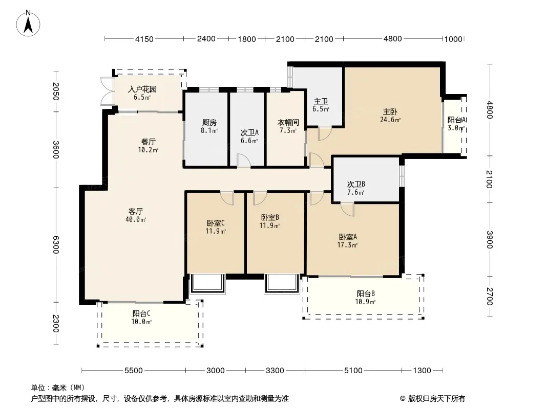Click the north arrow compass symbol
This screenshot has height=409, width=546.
pyautogui.click(x=28, y=23)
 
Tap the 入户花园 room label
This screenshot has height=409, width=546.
pyautogui.click(x=142, y=89)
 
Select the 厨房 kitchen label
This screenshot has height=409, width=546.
pyautogui.click(x=209, y=122)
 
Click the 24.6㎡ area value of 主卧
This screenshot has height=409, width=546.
pyautogui.click(x=390, y=120)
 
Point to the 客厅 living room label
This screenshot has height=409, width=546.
pyautogui.click(x=135, y=211)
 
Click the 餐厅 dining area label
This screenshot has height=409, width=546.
pyautogui.click(x=149, y=142)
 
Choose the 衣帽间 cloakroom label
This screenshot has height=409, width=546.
pyautogui.click(x=288, y=122)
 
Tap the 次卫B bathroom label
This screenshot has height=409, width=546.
pyautogui.click(x=356, y=184)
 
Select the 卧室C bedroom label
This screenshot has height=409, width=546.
pyautogui.click(x=216, y=223)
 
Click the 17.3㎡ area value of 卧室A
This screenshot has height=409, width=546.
pyautogui.click(x=347, y=245)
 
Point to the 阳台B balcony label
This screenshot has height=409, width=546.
pyautogui.click(x=366, y=293)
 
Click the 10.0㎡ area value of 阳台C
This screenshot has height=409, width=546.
pyautogui.click(x=141, y=322)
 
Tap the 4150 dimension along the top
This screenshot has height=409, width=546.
pyautogui.click(x=144, y=39)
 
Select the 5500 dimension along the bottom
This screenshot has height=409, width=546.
pyautogui.click(x=134, y=371)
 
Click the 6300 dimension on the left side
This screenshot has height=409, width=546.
pyautogui.click(x=56, y=245)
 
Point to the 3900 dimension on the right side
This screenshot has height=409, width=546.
pyautogui.click(x=490, y=240)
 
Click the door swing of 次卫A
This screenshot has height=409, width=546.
pyautogui.click(x=243, y=161)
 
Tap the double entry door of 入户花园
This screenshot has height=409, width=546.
pyautogui.click(x=108, y=91)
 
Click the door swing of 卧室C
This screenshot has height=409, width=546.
pyautogui.click(x=227, y=198)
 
